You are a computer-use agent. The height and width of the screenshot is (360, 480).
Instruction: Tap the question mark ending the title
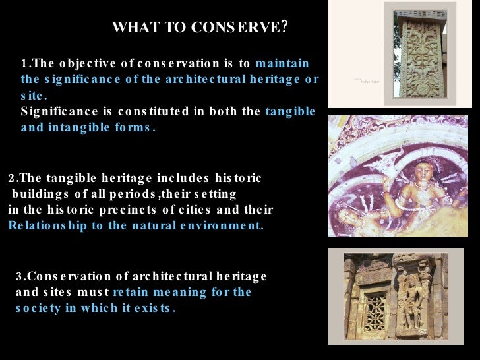click(284, 27)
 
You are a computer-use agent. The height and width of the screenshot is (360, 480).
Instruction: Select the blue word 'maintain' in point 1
click(282, 64)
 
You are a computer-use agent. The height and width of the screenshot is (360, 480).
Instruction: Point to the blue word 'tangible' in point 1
click(290, 111)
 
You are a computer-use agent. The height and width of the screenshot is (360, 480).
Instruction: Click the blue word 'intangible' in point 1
click(72, 127)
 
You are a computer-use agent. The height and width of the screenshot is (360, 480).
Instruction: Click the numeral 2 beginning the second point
click(11, 179)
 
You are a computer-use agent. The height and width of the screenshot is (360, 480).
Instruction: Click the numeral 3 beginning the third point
click(19, 276)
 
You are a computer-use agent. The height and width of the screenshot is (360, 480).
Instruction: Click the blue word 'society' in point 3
click(38, 308)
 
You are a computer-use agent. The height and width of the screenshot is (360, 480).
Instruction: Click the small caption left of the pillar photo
click(365, 81)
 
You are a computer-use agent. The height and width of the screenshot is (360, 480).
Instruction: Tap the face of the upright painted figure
click(423, 173)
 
